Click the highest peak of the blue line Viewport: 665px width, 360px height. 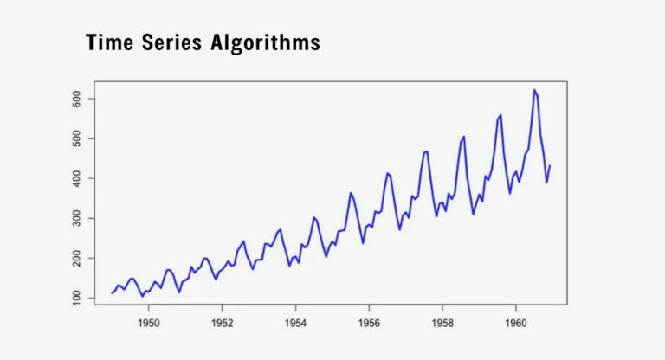pyautogui.click(x=534, y=90)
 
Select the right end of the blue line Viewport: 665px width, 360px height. pyautogui.click(x=550, y=165)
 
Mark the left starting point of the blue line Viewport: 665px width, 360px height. pyautogui.click(x=112, y=292)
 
